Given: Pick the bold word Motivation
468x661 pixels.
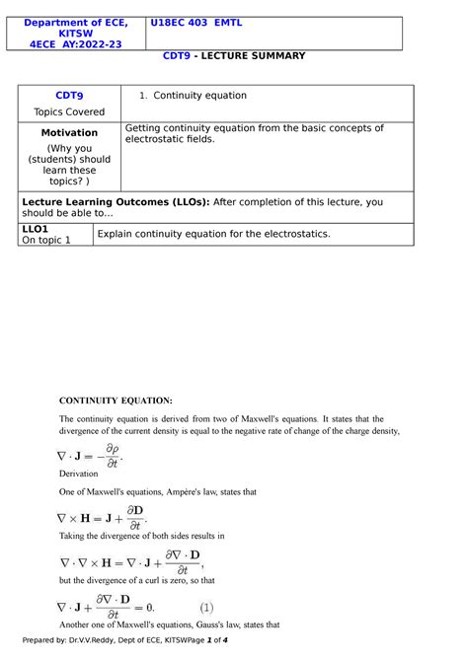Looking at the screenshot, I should point(69,132).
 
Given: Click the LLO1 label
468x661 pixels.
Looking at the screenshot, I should point(36,228).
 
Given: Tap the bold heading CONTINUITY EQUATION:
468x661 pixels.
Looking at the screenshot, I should point(116,400).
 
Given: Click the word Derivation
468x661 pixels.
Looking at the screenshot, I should point(79,474).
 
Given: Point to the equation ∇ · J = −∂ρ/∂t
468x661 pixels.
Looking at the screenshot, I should point(90,455).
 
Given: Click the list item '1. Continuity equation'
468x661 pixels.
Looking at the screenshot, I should point(194,96).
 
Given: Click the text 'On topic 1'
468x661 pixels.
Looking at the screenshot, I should point(46,240).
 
